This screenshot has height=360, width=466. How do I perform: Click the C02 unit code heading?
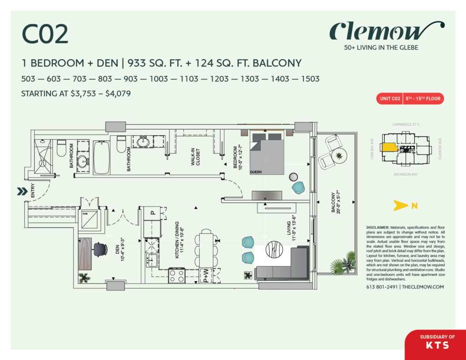click(x=45, y=35)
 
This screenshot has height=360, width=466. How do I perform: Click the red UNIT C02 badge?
click(x=390, y=98)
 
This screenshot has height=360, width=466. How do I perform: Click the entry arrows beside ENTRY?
click(x=21, y=192)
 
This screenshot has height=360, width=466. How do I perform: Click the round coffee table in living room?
click(x=276, y=252)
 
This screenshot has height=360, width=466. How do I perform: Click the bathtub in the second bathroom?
click(x=102, y=157)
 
